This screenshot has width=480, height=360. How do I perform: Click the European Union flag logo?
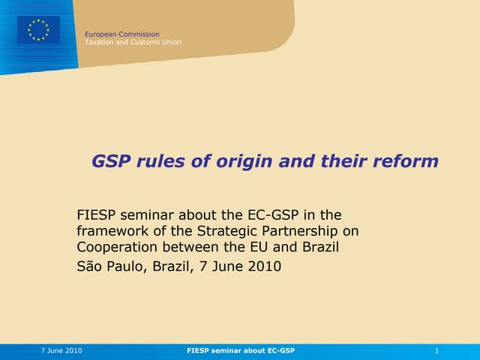click(38, 30)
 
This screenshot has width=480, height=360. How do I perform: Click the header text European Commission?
click(121, 34)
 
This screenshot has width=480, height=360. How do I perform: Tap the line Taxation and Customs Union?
click(133, 43)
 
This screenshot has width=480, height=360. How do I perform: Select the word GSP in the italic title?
click(109, 161)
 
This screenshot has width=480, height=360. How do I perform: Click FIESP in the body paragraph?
click(97, 215)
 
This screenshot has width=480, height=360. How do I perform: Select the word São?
click(90, 265)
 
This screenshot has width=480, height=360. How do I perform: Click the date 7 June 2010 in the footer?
click(61, 351)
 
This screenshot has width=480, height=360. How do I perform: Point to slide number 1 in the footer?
click(436, 351)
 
